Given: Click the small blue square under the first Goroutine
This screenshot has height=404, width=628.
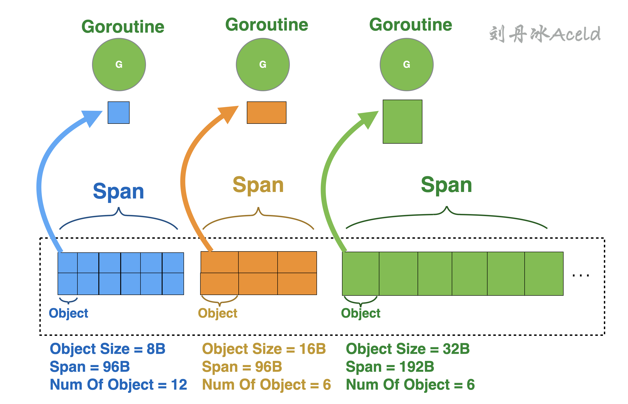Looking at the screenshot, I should click(118, 113).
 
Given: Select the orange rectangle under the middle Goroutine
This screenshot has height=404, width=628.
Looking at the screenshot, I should click(266, 113).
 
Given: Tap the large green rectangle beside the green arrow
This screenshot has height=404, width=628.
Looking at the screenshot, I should click(402, 122).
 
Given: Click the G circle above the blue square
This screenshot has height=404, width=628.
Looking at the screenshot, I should click(119, 65).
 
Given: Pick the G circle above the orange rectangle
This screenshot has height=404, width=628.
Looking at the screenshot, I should click(263, 65).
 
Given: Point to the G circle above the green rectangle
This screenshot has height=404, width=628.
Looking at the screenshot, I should click(406, 65).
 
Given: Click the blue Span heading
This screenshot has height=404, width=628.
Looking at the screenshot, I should click(118, 191).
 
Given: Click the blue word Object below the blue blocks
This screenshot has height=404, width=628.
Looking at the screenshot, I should click(68, 313).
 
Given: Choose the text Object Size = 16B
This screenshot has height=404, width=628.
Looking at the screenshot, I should click(264, 349).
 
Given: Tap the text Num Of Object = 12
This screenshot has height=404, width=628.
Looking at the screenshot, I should click(118, 384).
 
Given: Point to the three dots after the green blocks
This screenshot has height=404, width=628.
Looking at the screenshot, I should click(581, 275).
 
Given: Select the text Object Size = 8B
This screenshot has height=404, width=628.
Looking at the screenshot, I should click(107, 349).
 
